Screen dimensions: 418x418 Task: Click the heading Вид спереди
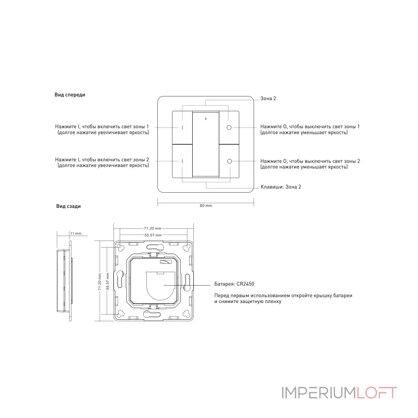[x=70, y=95]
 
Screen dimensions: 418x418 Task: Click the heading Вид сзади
[x=68, y=206]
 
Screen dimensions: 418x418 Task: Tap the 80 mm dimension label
[x=206, y=205]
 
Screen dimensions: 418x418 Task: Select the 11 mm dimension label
[x=76, y=234]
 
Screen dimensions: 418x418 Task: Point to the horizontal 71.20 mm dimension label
[x=153, y=228]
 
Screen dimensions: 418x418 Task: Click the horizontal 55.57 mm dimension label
[x=153, y=235]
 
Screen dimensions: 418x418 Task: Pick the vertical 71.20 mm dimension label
[x=100, y=282]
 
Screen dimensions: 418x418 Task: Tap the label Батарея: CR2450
[x=234, y=284]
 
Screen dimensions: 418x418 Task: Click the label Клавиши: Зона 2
[x=281, y=187]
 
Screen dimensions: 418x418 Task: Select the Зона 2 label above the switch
[x=268, y=98]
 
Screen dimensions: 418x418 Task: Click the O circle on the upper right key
[x=229, y=127]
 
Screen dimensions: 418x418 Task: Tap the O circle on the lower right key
[x=229, y=161]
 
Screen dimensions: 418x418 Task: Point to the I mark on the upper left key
[x=182, y=127]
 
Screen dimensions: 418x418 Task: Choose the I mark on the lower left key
[x=182, y=161]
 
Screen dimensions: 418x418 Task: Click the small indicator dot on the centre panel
[x=205, y=119]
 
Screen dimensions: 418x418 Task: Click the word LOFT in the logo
[x=377, y=393]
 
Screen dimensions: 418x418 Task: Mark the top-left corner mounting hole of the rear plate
[x=120, y=248]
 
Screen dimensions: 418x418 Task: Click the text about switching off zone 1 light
[x=310, y=129]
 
